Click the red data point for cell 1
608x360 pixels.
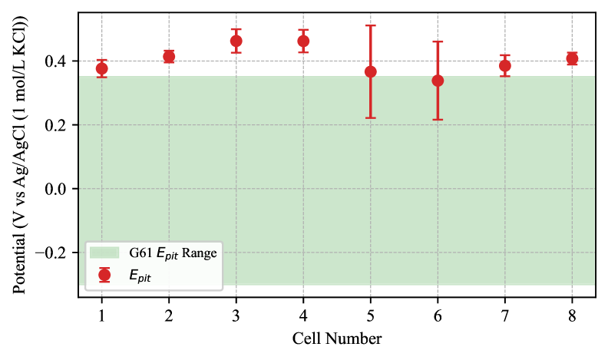[x=101, y=68]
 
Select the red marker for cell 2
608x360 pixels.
[x=169, y=57]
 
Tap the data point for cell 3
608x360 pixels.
[x=236, y=41]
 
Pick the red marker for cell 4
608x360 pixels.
[x=303, y=41]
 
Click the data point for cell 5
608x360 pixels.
[x=371, y=71]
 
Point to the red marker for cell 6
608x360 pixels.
[x=438, y=81]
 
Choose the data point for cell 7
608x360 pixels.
[x=505, y=65]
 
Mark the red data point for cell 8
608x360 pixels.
[x=572, y=58]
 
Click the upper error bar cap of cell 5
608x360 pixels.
[x=371, y=25]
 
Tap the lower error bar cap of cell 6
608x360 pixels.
[x=438, y=120]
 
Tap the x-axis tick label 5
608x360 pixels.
[x=371, y=315]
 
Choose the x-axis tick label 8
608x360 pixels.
[x=572, y=315]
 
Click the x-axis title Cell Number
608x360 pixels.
[x=337, y=339]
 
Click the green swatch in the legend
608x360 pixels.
[x=104, y=253]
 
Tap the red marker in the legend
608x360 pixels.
[x=104, y=274]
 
